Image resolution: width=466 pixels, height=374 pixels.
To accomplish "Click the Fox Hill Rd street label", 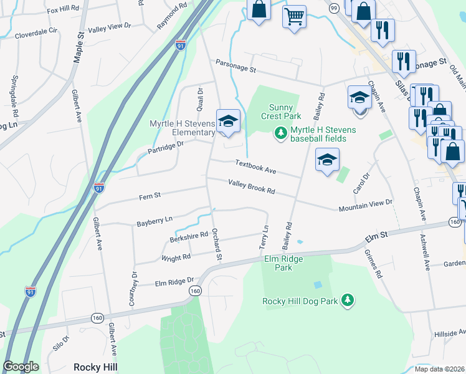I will [x=63, y=9].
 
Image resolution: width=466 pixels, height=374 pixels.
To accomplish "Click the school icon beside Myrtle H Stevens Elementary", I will [x=228, y=120].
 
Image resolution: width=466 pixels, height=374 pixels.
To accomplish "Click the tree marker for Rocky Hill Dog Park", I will [x=347, y=301].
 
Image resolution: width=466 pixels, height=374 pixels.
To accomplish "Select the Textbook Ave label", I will [x=255, y=166].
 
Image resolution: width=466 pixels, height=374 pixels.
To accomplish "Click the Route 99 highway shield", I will [x=334, y=7].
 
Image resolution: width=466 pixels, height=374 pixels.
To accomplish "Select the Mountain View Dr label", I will [x=365, y=206].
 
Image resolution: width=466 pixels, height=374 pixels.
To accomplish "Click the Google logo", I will [x=21, y=367].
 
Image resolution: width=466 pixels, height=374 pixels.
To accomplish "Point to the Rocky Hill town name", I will [x=95, y=367].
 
